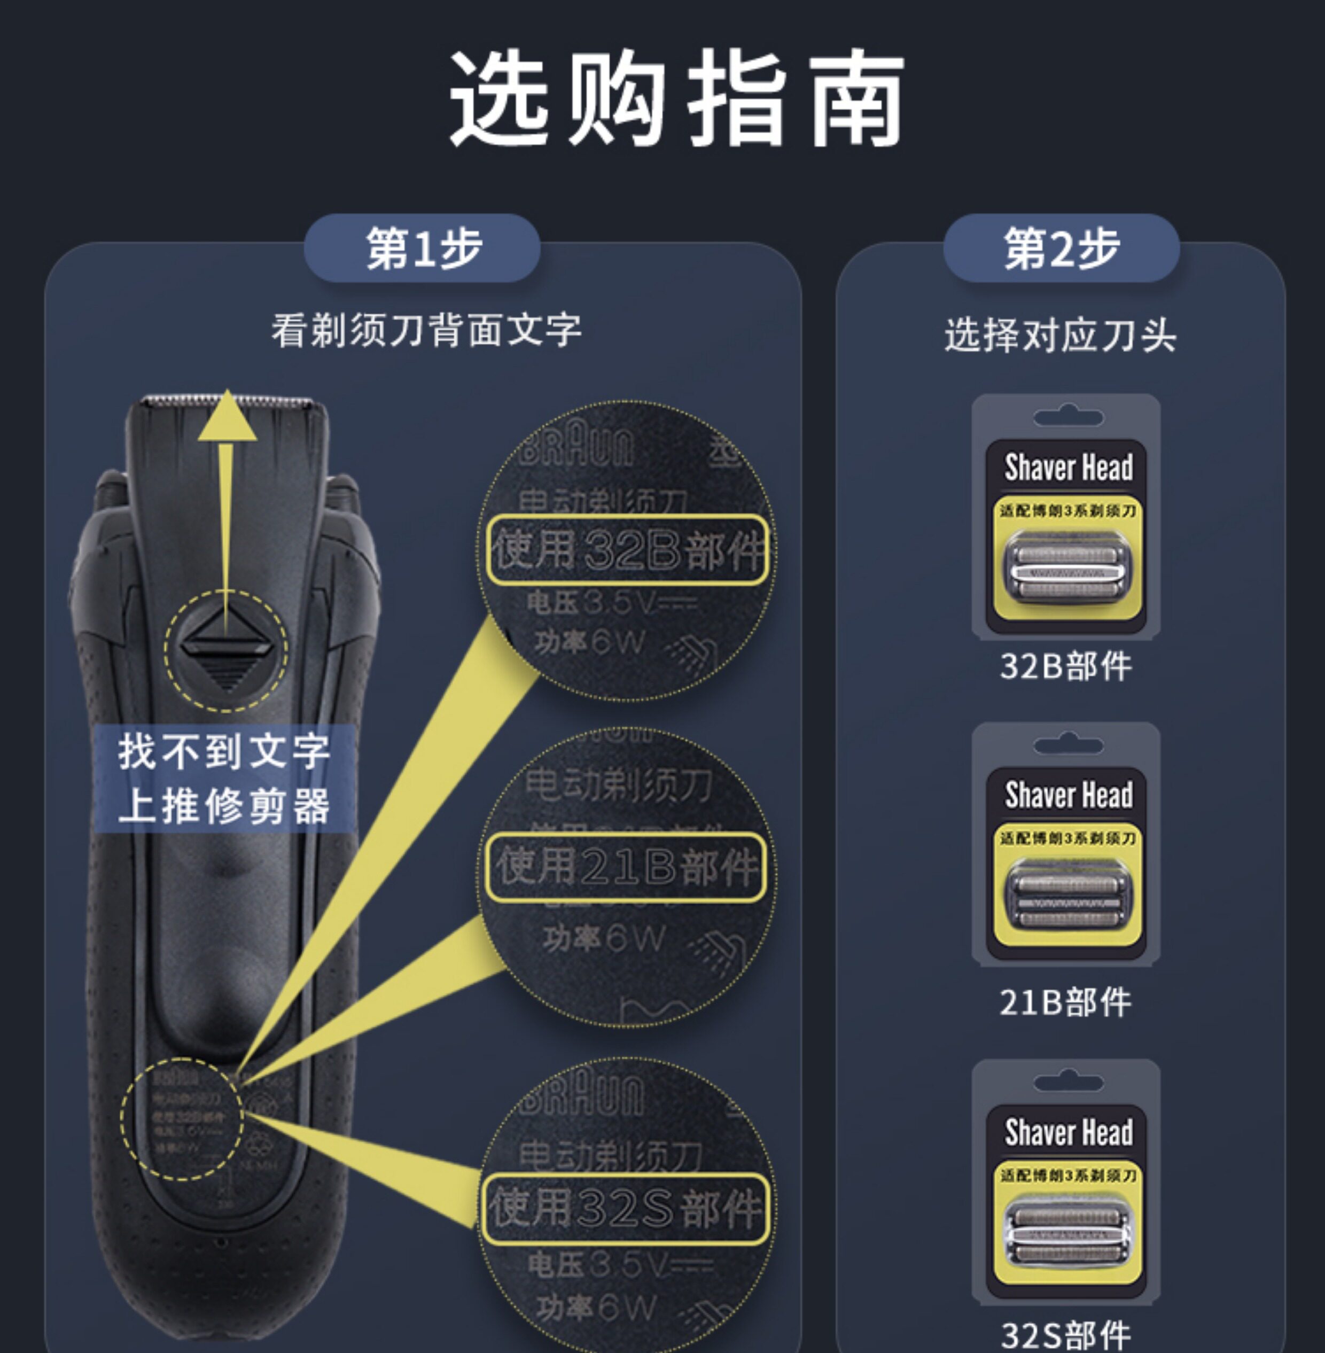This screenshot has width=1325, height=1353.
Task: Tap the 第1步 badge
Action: [423, 248]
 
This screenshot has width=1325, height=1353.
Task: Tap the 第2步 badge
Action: [1061, 248]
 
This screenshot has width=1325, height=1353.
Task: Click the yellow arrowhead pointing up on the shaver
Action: [227, 417]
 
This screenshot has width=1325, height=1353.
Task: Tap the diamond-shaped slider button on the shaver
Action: [226, 651]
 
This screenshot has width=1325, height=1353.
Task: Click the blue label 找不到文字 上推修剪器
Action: [224, 778]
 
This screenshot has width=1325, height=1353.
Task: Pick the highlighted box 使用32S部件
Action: [626, 1209]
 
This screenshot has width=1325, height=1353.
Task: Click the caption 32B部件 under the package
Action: [1065, 666]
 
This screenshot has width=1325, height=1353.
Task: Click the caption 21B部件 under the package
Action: [1065, 1003]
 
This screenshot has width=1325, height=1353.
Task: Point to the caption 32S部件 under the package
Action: [1065, 1334]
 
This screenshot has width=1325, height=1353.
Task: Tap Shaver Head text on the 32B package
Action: [1068, 467]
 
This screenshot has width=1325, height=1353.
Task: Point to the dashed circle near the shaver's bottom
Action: [182, 1119]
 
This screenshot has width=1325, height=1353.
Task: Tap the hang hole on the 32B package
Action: [1068, 417]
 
